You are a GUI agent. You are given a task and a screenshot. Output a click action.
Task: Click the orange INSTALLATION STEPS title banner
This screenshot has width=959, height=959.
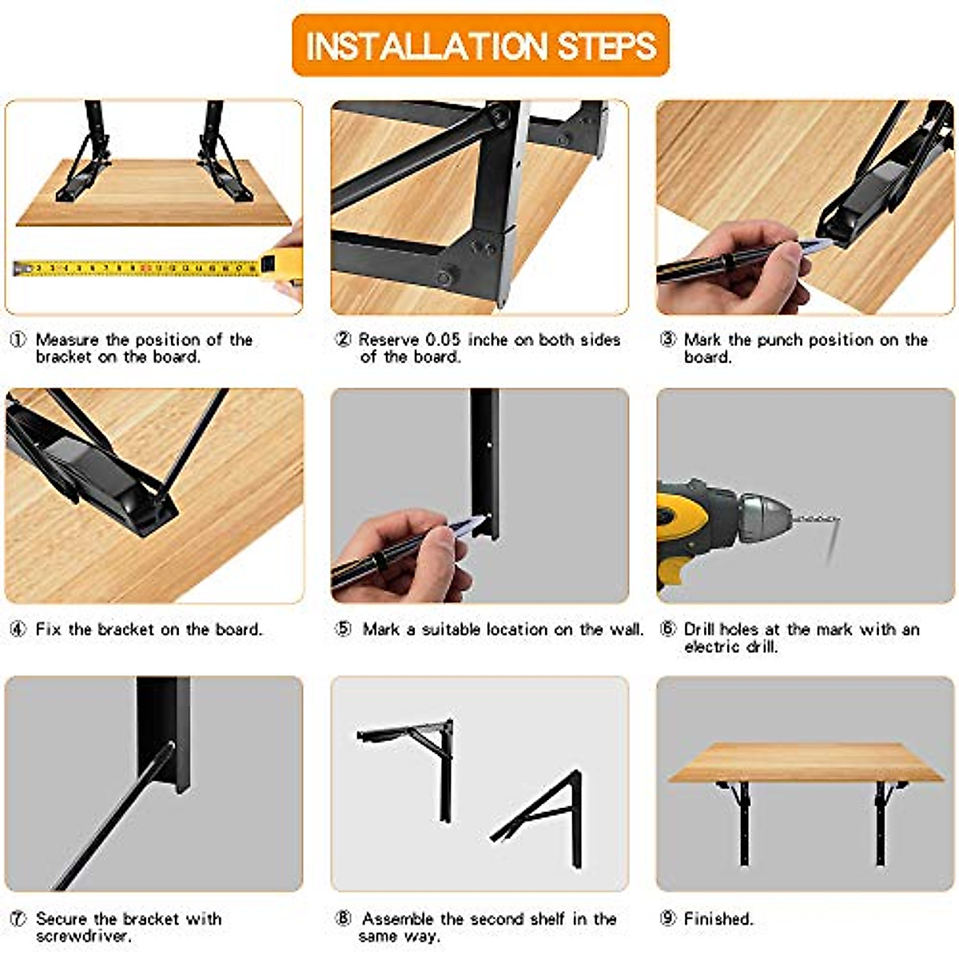pos(480,46)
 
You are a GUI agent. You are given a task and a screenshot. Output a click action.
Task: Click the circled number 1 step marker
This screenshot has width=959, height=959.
pos(18,340)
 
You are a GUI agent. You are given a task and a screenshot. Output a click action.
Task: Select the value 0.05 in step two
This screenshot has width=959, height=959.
pos(443,340)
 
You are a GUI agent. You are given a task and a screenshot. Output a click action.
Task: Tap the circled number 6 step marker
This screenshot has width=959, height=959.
pos(668,629)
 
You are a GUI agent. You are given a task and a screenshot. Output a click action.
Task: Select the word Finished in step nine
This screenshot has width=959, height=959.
pos(718,919)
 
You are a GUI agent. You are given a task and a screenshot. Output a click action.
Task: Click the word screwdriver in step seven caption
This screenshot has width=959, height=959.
pos(83,936)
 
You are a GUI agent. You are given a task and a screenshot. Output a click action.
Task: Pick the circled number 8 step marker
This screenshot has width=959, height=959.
pos(343,919)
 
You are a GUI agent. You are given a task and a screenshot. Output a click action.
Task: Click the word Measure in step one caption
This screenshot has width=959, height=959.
pos(68,340)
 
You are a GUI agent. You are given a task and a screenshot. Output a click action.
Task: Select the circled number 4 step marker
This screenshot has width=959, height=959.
pos(18,629)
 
